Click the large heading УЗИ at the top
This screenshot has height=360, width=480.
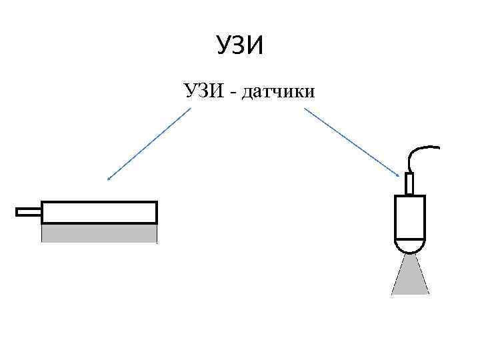[241, 47]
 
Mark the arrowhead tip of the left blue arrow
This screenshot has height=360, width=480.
[108, 180]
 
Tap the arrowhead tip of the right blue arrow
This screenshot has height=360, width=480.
[400, 177]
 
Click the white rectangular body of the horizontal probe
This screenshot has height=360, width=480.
[99, 212]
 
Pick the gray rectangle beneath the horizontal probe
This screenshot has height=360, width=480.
[99, 233]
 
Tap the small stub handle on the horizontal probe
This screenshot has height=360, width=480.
[29, 212]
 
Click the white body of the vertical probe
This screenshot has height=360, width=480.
[409, 217]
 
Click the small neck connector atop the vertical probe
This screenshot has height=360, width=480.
[409, 184]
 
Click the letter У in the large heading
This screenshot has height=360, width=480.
[223, 47]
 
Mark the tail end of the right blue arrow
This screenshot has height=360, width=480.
[305, 109]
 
